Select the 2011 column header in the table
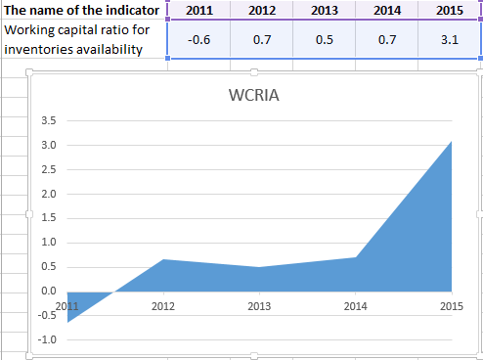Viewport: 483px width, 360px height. [x=200, y=10]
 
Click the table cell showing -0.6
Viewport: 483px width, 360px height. [x=200, y=39]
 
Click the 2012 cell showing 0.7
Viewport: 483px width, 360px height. [x=262, y=39]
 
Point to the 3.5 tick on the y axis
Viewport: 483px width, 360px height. [x=48, y=121]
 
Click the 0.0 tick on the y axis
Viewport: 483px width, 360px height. [x=48, y=291]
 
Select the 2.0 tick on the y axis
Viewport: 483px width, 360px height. [x=48, y=194]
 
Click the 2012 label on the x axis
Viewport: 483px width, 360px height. [x=162, y=306]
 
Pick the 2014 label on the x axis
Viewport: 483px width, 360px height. [x=355, y=306]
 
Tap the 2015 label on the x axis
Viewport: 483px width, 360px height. [x=451, y=306]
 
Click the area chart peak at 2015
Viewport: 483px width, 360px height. [x=451, y=142]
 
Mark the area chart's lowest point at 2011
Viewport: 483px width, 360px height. [x=67, y=320]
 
